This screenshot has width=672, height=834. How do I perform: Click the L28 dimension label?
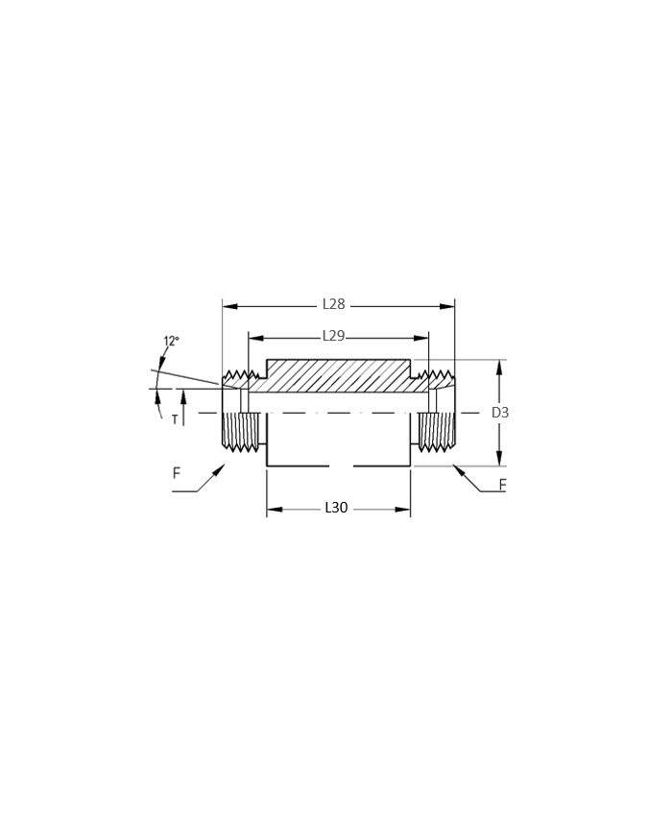334,304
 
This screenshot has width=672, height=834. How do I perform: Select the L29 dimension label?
334,336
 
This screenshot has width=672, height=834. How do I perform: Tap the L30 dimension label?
336,508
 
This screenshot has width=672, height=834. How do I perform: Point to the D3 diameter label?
500,413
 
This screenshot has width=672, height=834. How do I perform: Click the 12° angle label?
171,341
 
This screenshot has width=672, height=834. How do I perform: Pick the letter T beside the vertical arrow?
175,420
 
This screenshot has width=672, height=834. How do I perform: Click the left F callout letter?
177,473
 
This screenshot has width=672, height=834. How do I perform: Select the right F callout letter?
502,485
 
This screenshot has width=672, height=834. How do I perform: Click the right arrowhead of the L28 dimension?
447,306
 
